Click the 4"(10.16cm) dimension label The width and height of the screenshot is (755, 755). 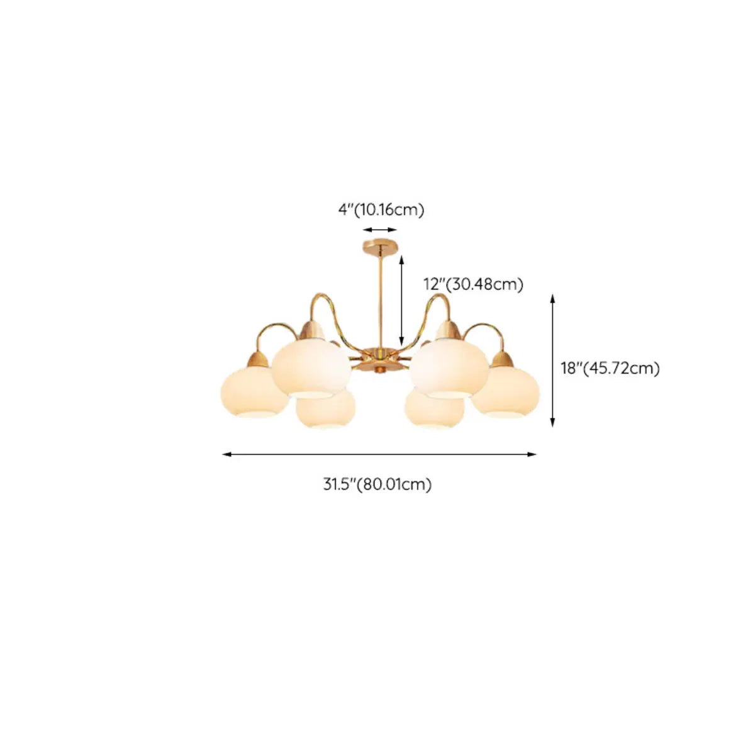(381, 210)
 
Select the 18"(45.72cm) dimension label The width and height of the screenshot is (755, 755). (610, 368)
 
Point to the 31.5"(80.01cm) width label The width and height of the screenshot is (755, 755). (377, 484)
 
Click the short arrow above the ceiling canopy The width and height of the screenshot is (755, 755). (380, 230)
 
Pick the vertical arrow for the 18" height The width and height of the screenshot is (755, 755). (552, 360)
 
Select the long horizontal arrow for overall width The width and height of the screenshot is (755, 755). (379, 454)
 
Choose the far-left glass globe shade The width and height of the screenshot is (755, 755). (253, 394)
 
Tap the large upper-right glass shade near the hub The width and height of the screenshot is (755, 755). (449, 369)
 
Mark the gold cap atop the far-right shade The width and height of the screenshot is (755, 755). (502, 360)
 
